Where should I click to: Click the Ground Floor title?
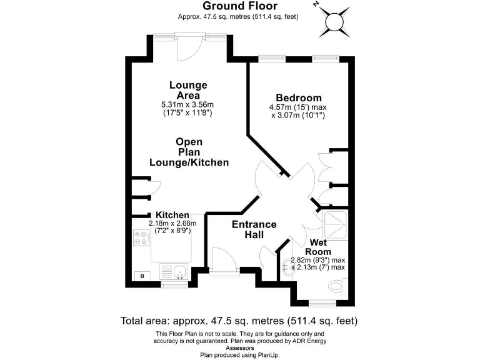pos(240,6)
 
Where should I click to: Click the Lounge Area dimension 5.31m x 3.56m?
pos(187,105)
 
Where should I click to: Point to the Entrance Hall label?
pos(254,229)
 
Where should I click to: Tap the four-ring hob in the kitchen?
pos(142,238)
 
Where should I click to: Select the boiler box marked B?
pos(142,276)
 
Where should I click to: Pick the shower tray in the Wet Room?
pos(336,225)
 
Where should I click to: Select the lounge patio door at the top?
pos(190,47)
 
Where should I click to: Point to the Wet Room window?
pos(322,304)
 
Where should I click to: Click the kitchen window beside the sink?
pos(174,285)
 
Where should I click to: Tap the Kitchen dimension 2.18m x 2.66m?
pos(172,227)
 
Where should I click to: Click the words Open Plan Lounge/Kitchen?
pos(189,152)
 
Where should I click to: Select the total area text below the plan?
pos(239,321)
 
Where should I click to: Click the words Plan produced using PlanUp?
pos(240,355)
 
